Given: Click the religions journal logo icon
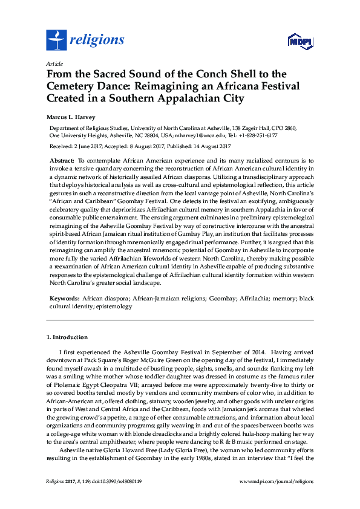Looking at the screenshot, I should point(57,40).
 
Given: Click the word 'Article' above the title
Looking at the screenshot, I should point(53,63).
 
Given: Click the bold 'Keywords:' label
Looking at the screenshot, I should point(64,299).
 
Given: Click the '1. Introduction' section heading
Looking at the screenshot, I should point(67,337).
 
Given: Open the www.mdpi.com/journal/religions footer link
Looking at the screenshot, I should point(277,481).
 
